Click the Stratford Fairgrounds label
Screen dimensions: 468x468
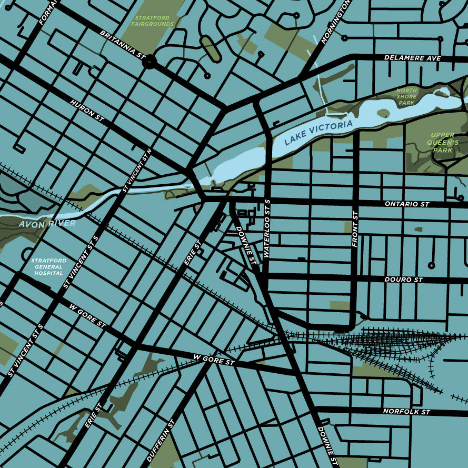pos(152,21)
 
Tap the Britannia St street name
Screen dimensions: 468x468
pos(122,44)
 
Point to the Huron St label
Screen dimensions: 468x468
pos(87,109)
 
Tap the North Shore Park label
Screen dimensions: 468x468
pos(406,96)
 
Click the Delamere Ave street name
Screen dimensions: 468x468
pos(412,58)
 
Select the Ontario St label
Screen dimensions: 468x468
pos(407,204)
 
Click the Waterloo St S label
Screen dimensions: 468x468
pos(267,228)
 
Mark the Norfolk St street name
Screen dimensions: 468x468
pos(406,411)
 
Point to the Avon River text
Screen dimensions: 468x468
pos(47,223)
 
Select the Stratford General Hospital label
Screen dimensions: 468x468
pos(48,267)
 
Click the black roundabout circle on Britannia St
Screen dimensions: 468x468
pos(150,63)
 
